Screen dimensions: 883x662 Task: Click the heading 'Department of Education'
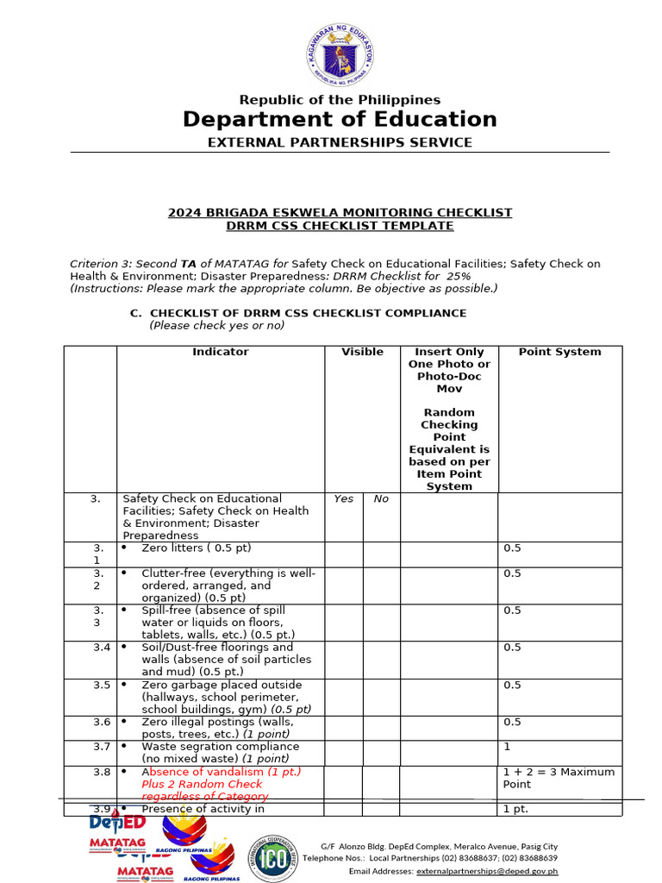[340, 119]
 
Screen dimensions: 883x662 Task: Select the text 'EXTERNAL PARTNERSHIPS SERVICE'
[340, 142]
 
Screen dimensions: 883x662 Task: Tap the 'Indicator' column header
[220, 352]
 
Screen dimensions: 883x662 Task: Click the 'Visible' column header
[362, 352]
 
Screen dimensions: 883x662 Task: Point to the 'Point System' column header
[559, 352]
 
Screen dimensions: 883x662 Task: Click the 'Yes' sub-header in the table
[343, 498]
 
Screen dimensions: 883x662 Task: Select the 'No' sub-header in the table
[381, 498]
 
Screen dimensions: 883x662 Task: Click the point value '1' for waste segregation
[507, 747]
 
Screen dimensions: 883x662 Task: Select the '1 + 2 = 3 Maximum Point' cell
[559, 778]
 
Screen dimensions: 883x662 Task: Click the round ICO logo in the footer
[273, 859]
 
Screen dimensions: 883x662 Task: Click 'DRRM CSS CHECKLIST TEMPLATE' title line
[340, 226]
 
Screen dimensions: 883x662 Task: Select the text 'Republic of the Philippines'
[340, 100]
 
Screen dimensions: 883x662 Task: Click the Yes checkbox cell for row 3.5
[343, 697]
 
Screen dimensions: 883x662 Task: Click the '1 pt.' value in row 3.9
[515, 809]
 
